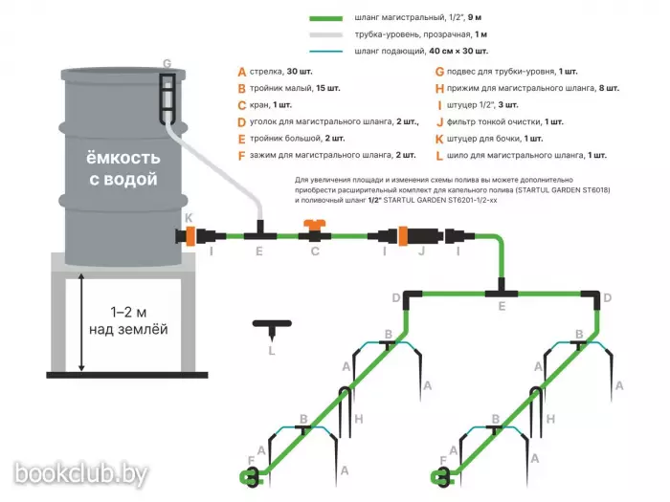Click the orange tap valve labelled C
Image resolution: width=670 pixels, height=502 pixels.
[314, 230]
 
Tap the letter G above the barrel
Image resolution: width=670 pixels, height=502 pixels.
[167, 64]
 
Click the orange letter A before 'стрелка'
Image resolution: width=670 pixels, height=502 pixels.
[242, 72]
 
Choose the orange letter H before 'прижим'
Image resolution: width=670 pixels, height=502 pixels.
[438, 88]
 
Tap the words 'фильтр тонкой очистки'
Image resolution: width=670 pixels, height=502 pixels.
[494, 121]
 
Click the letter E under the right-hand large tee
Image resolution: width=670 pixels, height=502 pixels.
[501, 306]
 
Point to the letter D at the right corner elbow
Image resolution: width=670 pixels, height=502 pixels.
[608, 298]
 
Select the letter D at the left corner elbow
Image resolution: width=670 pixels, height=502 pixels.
[395, 298]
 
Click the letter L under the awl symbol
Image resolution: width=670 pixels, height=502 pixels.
[272, 350]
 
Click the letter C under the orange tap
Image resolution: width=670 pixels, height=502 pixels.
[314, 251]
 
